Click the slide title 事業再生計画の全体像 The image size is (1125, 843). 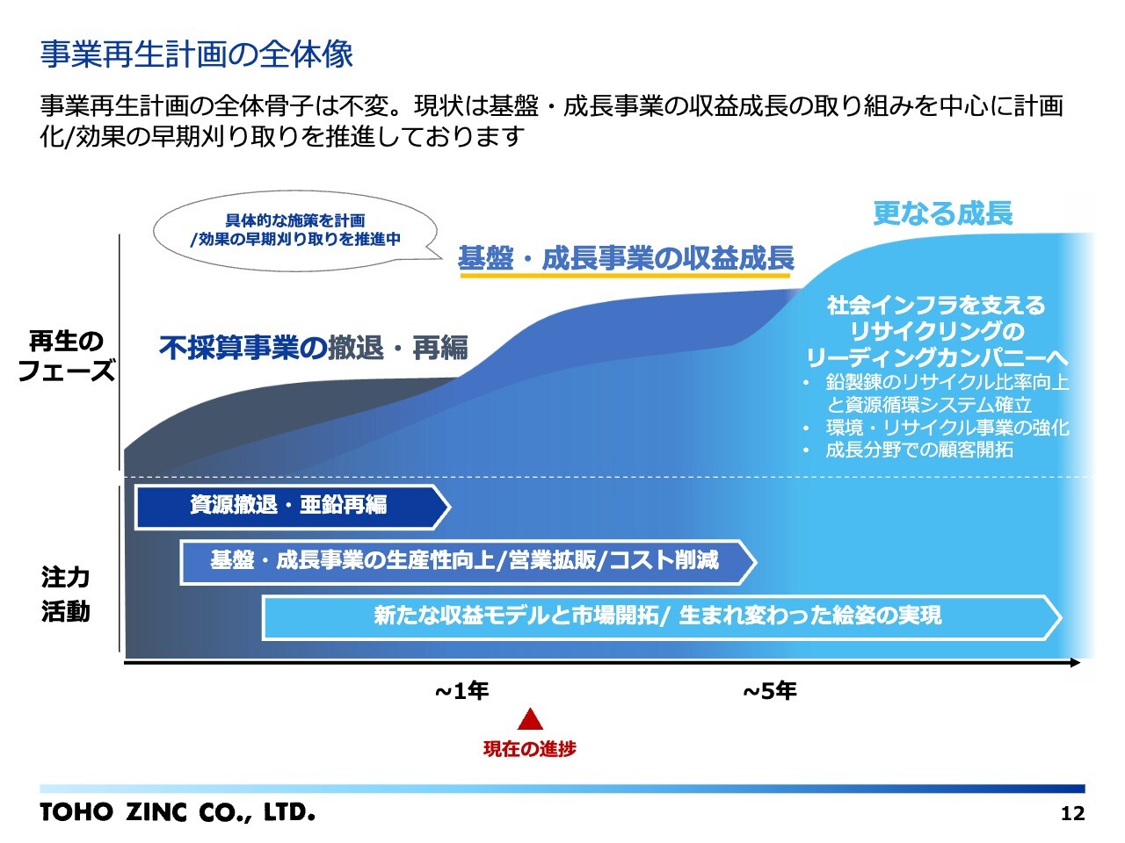[x=196, y=54]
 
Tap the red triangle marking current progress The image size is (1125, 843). [x=530, y=719]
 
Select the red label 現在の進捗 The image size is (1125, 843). [x=530, y=749]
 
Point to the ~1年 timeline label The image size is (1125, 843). [x=461, y=691]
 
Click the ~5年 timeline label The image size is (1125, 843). [x=770, y=691]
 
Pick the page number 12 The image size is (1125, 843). [x=1072, y=813]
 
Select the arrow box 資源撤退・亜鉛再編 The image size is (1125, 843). [x=293, y=507]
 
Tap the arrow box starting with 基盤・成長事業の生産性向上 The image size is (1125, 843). [x=468, y=562]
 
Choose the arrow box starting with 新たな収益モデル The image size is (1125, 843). [x=662, y=617]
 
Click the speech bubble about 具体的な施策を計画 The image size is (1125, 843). [x=296, y=231]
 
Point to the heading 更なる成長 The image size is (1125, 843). [x=943, y=213]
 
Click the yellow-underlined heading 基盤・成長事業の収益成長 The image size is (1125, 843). [x=626, y=258]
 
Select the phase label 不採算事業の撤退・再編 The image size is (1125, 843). [x=314, y=348]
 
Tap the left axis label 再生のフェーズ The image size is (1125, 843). [x=66, y=356]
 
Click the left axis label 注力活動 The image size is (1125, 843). [x=66, y=594]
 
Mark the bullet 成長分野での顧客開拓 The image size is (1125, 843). [x=919, y=450]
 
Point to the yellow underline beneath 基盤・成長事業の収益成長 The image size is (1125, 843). [x=625, y=276]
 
